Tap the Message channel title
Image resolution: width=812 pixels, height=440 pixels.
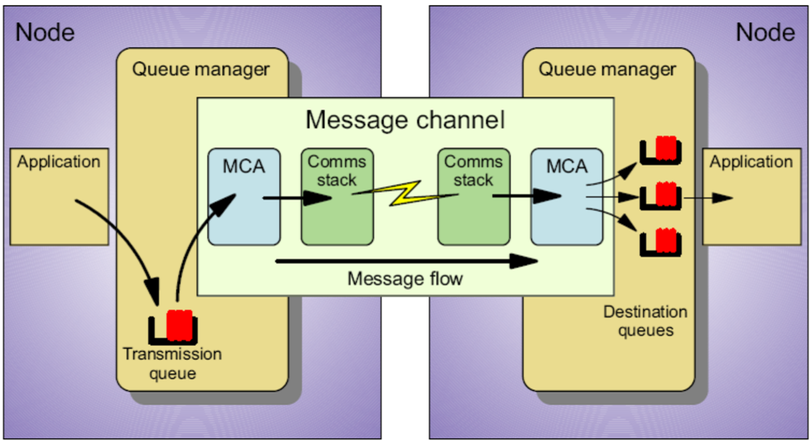(405, 119)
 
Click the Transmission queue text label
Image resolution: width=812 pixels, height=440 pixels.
(172, 364)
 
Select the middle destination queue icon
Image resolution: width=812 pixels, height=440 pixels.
(661, 196)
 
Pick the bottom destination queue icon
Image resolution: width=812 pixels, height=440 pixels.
(661, 241)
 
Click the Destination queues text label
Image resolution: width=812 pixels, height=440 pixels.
(645, 321)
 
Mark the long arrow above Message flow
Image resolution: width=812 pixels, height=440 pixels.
(407, 260)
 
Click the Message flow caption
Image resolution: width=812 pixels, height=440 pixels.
(405, 279)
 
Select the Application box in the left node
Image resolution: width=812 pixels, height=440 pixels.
(58, 196)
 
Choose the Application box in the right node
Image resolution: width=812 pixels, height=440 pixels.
(751, 196)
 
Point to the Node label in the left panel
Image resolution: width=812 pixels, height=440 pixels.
(45, 32)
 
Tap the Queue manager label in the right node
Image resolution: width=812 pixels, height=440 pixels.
(607, 70)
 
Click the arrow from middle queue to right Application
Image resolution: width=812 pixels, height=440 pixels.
(707, 197)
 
